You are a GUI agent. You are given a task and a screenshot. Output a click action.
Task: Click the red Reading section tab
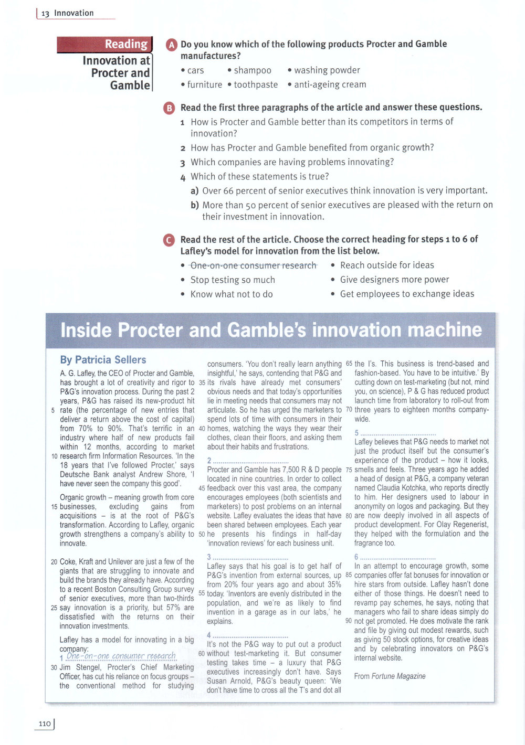click(x=104, y=45)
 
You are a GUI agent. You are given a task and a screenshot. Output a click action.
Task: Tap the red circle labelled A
click(x=171, y=45)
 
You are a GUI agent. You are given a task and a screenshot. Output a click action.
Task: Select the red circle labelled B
click(x=170, y=108)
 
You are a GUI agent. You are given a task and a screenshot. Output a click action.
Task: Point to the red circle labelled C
click(x=169, y=240)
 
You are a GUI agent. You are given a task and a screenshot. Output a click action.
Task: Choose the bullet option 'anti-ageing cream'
click(x=330, y=84)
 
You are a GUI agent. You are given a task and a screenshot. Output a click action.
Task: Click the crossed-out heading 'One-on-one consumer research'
click(x=253, y=265)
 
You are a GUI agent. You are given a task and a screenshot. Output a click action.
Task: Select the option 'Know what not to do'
click(x=232, y=294)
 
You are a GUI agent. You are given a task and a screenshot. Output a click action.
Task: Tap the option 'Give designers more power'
click(x=394, y=280)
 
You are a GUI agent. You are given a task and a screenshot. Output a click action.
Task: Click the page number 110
click(x=45, y=724)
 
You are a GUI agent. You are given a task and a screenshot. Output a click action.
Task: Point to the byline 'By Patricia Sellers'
click(x=103, y=360)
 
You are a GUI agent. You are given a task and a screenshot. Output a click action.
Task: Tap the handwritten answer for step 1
click(x=121, y=656)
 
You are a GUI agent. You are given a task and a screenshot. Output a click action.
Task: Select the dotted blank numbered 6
click(x=398, y=557)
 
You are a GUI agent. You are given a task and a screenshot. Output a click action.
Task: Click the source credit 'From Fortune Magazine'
click(x=390, y=676)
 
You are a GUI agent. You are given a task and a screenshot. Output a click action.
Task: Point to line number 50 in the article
click(x=202, y=534)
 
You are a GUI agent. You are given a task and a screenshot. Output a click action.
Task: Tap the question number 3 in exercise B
click(x=183, y=163)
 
